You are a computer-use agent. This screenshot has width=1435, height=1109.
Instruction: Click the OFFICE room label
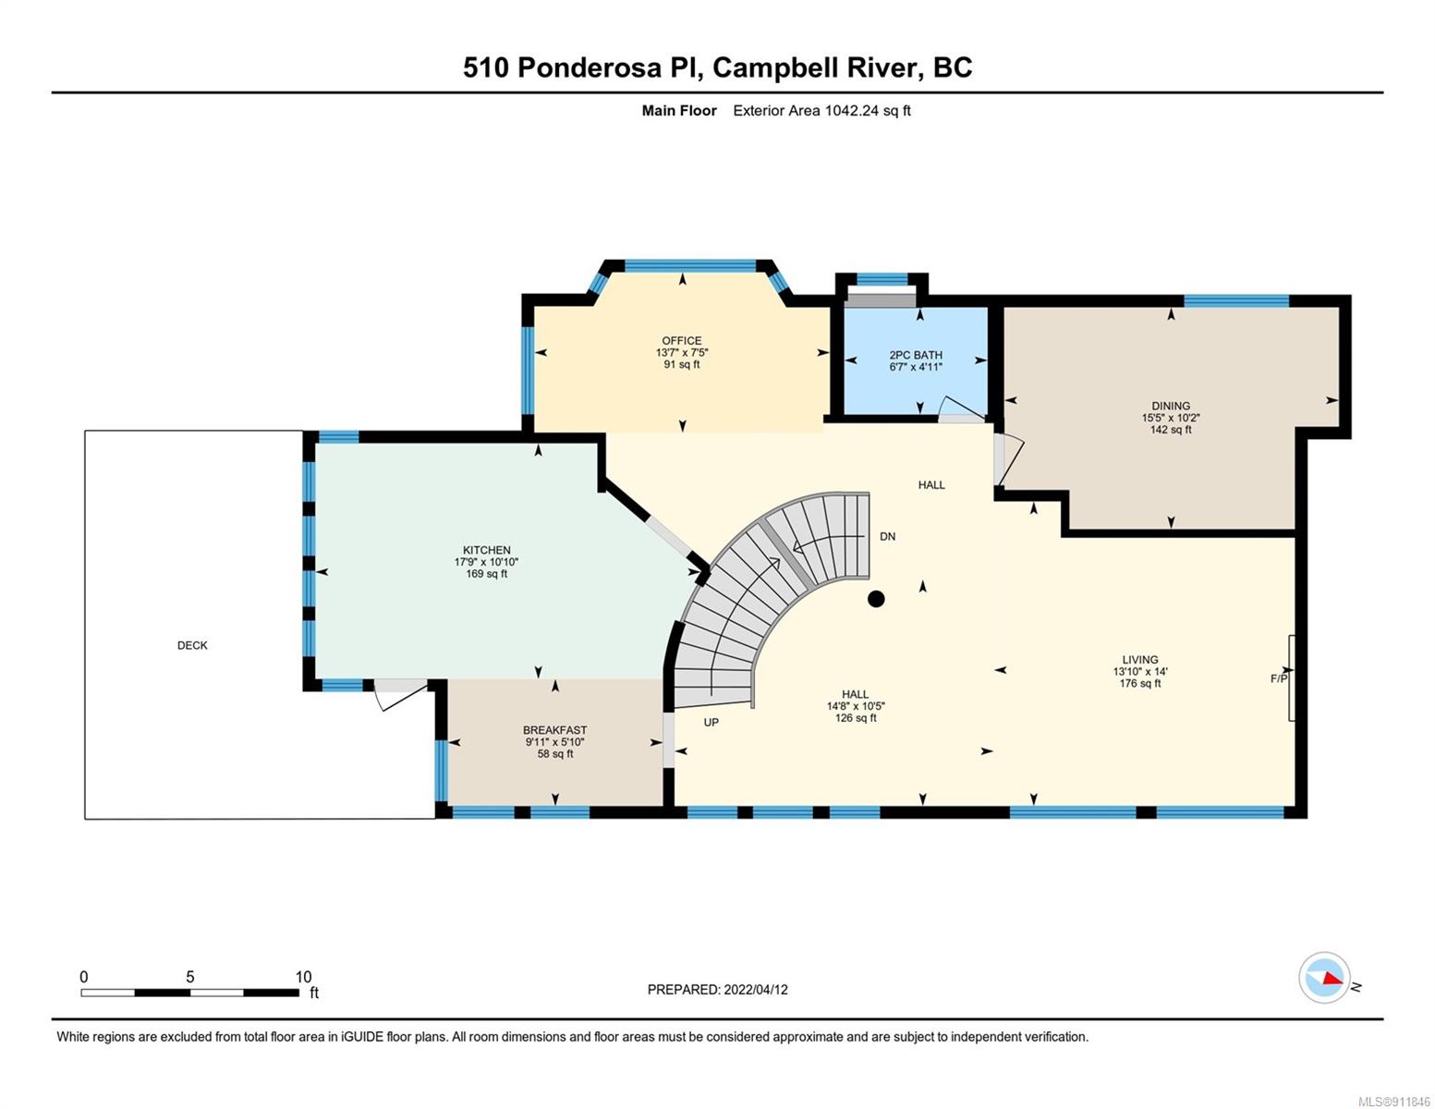[682, 341]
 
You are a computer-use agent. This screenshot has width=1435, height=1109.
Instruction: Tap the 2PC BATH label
[916, 355]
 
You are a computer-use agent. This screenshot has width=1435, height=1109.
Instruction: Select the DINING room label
[1171, 406]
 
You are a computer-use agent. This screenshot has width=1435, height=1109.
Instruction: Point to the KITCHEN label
[487, 550]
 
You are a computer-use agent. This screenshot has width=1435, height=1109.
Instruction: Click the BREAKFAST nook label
[554, 730]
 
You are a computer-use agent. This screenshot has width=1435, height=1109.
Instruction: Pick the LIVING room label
[1140, 659]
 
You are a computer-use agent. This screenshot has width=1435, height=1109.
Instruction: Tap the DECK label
[192, 645]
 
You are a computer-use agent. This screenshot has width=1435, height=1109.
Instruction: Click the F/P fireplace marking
[1279, 678]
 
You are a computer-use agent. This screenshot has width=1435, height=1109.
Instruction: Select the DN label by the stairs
[888, 536]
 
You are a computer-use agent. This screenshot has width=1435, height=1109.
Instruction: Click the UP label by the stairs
[711, 722]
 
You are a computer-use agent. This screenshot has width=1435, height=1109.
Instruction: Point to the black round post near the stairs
[876, 599]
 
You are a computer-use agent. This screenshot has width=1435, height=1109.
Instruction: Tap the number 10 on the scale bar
[303, 977]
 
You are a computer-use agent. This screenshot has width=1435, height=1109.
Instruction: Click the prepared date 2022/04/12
[756, 990]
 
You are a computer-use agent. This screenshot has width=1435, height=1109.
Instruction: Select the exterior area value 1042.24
[852, 110]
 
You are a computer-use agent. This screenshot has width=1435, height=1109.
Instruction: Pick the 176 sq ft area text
[1140, 683]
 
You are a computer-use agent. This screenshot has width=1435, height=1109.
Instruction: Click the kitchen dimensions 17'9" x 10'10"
[487, 562]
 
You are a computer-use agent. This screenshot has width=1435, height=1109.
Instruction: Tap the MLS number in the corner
[1392, 1102]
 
